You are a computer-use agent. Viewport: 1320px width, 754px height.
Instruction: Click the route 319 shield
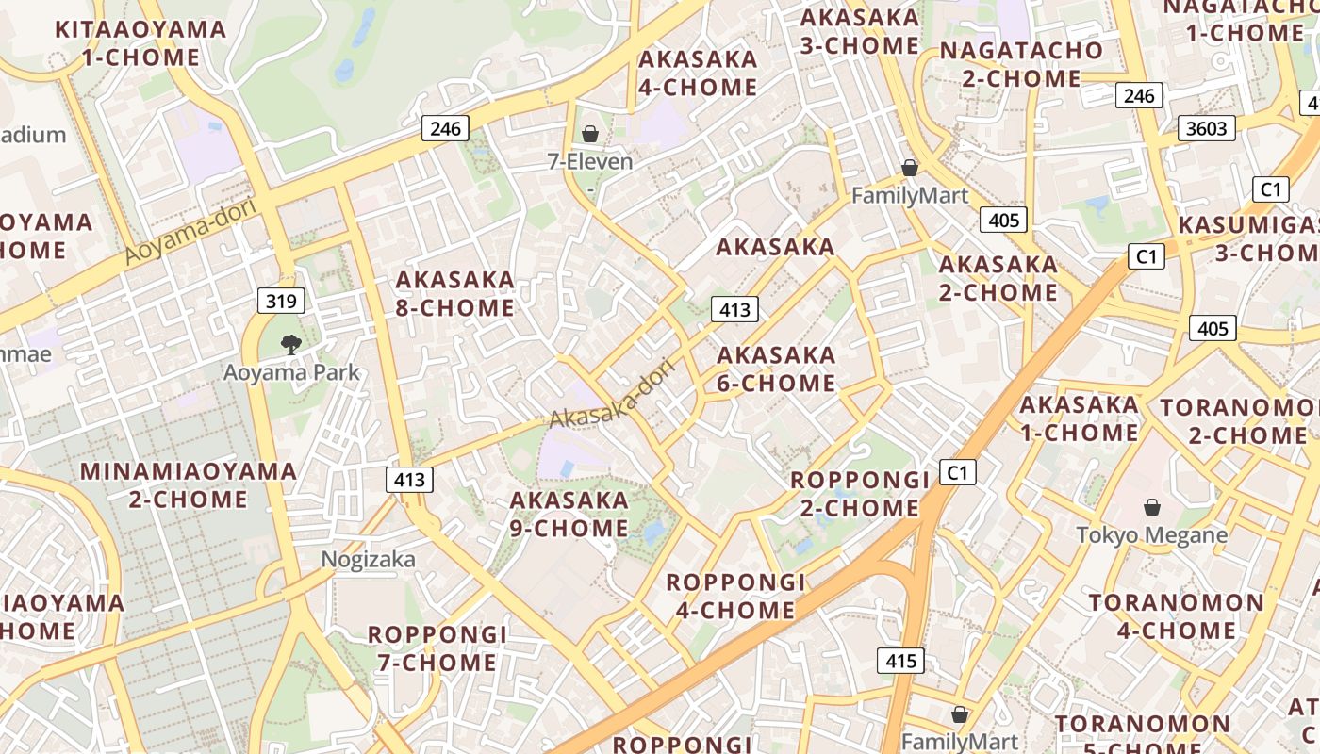pos(281,302)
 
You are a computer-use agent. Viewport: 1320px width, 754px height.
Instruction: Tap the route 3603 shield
pos(1206,128)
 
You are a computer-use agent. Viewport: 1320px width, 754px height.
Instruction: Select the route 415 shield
pos(900,661)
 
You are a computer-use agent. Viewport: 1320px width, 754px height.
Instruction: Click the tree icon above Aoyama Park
pos(291,345)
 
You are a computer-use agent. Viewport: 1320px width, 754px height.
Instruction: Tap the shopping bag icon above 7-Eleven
pos(590,135)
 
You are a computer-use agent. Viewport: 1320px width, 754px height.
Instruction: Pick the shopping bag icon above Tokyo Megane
pos(1151,508)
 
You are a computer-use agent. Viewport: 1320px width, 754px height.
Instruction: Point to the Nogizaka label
pos(368,560)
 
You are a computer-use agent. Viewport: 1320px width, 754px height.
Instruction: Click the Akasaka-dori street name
pos(613,394)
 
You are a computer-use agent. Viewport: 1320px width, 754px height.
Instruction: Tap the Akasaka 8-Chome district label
pos(455,294)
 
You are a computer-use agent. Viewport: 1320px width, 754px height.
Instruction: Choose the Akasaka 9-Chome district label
pos(569,514)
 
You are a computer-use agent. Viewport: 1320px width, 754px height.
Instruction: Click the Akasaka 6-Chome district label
pos(776,369)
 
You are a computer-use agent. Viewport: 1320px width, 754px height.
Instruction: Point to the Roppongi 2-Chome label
pos(854,494)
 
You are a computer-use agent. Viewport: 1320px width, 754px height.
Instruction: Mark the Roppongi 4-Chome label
pos(735,596)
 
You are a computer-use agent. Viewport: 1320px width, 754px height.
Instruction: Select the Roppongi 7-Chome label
pos(437,648)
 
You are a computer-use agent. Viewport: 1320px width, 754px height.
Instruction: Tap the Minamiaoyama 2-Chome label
pos(189,484)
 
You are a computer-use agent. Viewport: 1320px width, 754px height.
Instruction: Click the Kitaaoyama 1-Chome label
pos(140,43)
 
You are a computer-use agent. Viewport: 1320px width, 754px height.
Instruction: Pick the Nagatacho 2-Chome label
pos(1021,64)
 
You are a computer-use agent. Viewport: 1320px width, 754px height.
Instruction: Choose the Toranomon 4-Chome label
pos(1177,616)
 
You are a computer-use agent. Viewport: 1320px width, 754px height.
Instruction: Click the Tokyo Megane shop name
pos(1152,535)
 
